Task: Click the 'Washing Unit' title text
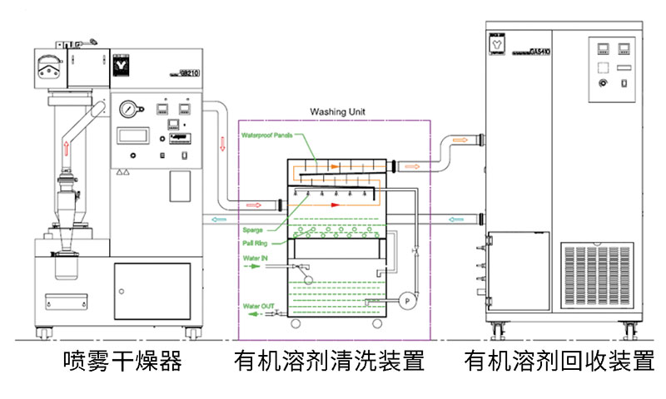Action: coord(338,111)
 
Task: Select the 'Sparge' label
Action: coord(253,229)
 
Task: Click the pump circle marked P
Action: coord(408,298)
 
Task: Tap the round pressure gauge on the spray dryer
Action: coord(128,111)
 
